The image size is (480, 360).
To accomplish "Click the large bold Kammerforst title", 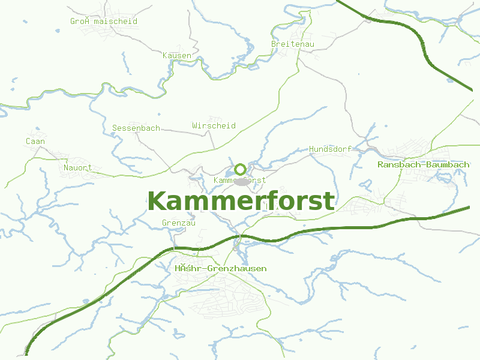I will pyautogui.click(x=241, y=201).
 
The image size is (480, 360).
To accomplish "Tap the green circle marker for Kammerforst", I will pyautogui.click(x=240, y=169).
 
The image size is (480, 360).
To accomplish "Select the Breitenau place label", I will pyautogui.click(x=293, y=44).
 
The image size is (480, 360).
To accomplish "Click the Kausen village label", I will pyautogui.click(x=177, y=56).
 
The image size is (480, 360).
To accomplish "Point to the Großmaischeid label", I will pyautogui.click(x=104, y=21).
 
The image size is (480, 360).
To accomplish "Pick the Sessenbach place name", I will pyautogui.click(x=136, y=128).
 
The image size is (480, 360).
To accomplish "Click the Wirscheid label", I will pyautogui.click(x=214, y=125).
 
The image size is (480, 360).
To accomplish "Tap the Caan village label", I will pyautogui.click(x=35, y=142).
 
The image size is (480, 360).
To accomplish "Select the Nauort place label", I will pyautogui.click(x=78, y=168).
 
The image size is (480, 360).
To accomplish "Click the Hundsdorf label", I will pyautogui.click(x=329, y=149).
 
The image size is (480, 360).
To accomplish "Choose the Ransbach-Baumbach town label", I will pyautogui.click(x=423, y=164).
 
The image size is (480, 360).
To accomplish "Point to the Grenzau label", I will pyautogui.click(x=179, y=223).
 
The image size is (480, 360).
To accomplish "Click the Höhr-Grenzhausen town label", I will pyautogui.click(x=220, y=269).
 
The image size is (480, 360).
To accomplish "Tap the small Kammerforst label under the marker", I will pyautogui.click(x=240, y=180).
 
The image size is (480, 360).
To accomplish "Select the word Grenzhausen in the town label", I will pyautogui.click(x=236, y=269).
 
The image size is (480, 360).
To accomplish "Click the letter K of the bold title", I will pyautogui.click(x=157, y=201).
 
